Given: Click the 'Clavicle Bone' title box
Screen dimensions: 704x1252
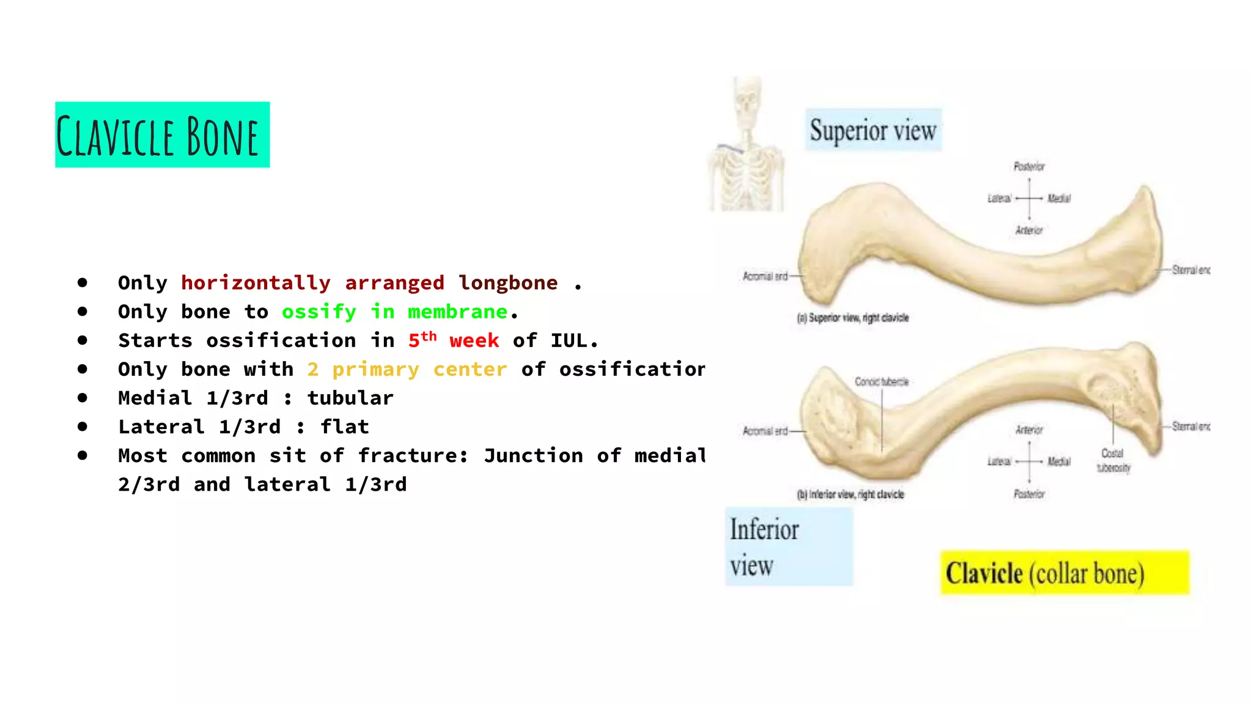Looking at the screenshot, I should (162, 134).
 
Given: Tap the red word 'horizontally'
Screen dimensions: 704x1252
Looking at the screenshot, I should (256, 283).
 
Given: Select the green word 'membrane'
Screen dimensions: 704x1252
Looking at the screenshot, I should (457, 312).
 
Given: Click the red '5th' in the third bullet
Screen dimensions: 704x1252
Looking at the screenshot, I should (422, 339).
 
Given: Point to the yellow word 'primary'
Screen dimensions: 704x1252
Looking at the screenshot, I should (375, 369).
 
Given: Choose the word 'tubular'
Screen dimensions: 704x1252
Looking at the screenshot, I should (350, 398).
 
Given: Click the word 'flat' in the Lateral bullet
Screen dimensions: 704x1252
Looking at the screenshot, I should (345, 427).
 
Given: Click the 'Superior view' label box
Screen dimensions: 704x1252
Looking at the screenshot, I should (873, 130).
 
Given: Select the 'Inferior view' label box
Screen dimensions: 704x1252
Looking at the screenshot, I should (789, 546).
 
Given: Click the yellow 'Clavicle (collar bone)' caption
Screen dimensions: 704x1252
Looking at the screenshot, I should (1064, 573).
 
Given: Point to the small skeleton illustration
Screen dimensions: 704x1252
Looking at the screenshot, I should (746, 145).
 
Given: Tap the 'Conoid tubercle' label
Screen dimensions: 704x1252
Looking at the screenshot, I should (882, 382).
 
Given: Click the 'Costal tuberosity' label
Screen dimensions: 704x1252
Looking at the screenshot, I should (1113, 461).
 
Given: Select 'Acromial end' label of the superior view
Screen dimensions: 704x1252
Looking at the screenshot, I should (765, 276).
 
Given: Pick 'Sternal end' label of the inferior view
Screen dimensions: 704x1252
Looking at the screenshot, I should (1190, 426).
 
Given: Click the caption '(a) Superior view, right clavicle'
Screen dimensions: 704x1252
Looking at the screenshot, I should (853, 318).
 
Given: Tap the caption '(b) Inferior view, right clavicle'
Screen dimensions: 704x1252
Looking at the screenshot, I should (850, 494).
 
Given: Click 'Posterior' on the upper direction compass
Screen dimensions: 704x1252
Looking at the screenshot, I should (1029, 166).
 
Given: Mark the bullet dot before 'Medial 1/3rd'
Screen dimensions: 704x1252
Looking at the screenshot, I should (83, 398).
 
